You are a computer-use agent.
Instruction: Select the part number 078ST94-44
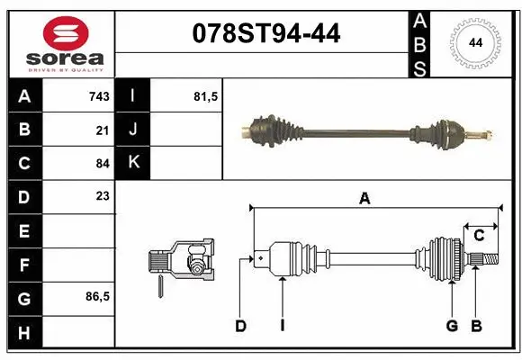tap(267, 34)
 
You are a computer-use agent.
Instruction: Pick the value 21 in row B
tap(103, 130)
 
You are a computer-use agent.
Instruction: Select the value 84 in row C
tap(103, 164)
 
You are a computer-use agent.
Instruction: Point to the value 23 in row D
tap(103, 195)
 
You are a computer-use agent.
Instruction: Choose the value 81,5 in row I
tap(206, 96)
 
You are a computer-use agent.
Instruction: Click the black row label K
tap(132, 163)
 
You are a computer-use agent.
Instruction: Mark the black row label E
tap(23, 231)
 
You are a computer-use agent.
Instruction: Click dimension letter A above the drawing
tap(364, 199)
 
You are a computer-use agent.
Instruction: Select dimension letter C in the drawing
tap(479, 236)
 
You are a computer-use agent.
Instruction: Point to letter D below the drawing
tap(240, 326)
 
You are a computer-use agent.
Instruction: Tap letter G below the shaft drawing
tap(452, 326)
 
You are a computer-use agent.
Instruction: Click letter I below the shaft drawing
tap(282, 326)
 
